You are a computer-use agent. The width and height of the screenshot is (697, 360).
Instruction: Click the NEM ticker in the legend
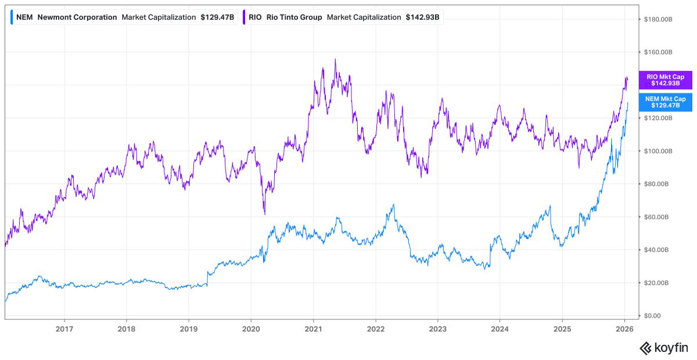point(24,17)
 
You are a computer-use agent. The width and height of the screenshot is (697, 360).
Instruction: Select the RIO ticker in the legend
point(255,17)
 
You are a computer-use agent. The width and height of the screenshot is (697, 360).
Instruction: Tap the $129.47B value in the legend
point(217,17)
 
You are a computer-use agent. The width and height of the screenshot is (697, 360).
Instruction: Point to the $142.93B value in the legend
point(422,17)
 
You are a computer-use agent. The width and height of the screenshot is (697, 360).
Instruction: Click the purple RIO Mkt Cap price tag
point(665,80)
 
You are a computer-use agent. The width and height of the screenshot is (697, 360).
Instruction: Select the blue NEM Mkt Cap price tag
point(665,102)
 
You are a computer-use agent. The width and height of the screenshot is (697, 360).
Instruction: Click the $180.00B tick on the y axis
point(658,19)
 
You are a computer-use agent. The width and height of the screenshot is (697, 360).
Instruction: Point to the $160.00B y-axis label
point(658,52)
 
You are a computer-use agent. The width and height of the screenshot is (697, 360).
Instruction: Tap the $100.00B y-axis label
point(658,151)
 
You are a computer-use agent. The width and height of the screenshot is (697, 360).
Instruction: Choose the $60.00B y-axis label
point(658,217)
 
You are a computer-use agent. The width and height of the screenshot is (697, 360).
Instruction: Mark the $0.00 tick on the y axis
point(654,316)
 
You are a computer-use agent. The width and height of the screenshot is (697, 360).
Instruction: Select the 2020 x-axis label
point(251,329)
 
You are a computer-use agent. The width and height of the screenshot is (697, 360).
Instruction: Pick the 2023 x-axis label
point(437,329)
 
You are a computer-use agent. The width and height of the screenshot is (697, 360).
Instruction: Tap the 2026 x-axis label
point(624,329)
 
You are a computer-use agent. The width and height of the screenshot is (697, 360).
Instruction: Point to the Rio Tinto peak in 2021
point(335,59)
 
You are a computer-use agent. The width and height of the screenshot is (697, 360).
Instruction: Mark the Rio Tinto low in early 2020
point(264,214)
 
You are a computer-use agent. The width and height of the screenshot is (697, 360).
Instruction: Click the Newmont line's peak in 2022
point(394,204)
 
